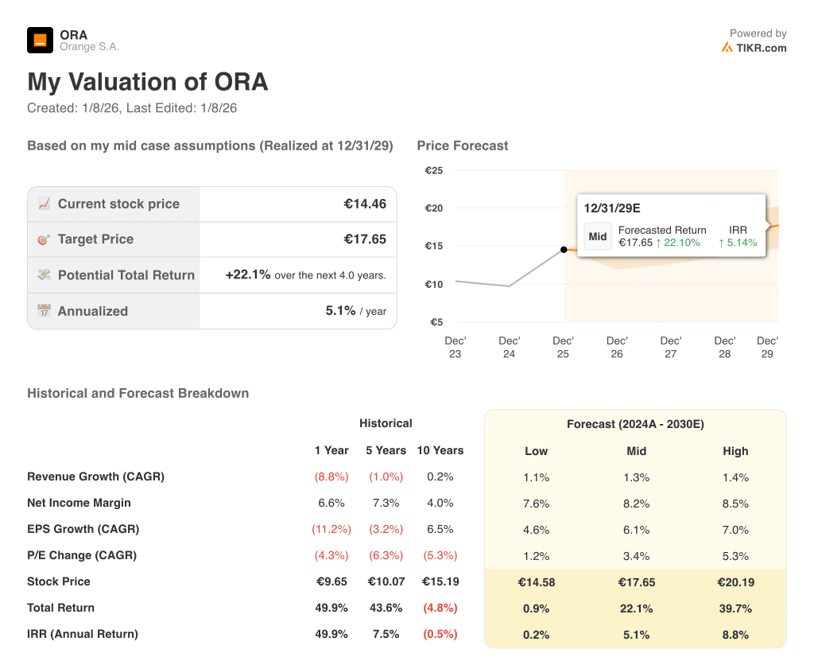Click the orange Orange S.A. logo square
[40, 40]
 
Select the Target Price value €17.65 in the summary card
[365, 239]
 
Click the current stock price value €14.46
[365, 204]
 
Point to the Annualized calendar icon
[44, 311]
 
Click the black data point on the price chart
[564, 250]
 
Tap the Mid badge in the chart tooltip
[598, 236]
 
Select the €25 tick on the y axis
[433, 170]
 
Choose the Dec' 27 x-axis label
[670, 347]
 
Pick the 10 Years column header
[440, 450]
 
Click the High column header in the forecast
[735, 451]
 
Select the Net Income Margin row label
[79, 503]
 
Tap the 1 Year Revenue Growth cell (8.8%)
[331, 476]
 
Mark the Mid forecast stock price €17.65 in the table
[636, 582]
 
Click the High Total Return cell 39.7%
[735, 609]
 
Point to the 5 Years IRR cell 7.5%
[386, 634]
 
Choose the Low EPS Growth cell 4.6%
[537, 530]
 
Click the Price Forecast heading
[463, 146]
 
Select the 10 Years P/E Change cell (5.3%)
[440, 555]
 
